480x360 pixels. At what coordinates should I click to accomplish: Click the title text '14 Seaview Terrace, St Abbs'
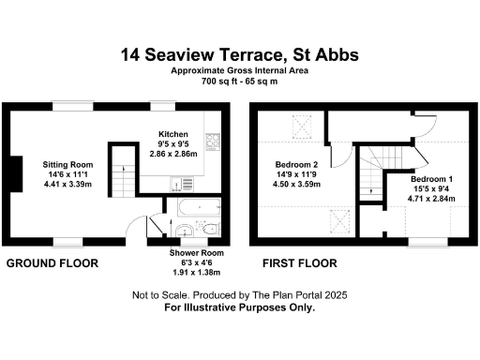240,54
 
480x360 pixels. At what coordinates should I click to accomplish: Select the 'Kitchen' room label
174,133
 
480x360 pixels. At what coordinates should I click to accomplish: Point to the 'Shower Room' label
196,253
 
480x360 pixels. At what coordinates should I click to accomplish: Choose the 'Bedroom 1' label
432,178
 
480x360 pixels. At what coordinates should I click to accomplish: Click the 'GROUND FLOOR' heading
52,264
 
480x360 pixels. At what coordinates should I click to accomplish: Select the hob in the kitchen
213,143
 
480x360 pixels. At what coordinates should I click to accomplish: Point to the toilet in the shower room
210,229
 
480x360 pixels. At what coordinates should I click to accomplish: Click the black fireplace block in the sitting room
14,172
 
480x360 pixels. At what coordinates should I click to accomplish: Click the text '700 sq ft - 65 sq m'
240,82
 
